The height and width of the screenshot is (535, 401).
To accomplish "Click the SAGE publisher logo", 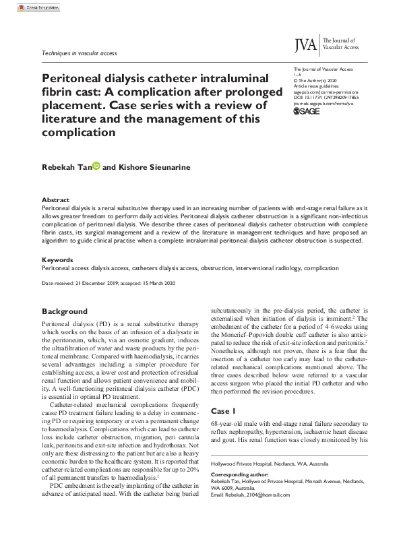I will [x=307, y=111].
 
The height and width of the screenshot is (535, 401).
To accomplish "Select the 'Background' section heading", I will [x=65, y=311].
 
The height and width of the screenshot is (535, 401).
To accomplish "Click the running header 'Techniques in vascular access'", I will [x=79, y=52].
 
